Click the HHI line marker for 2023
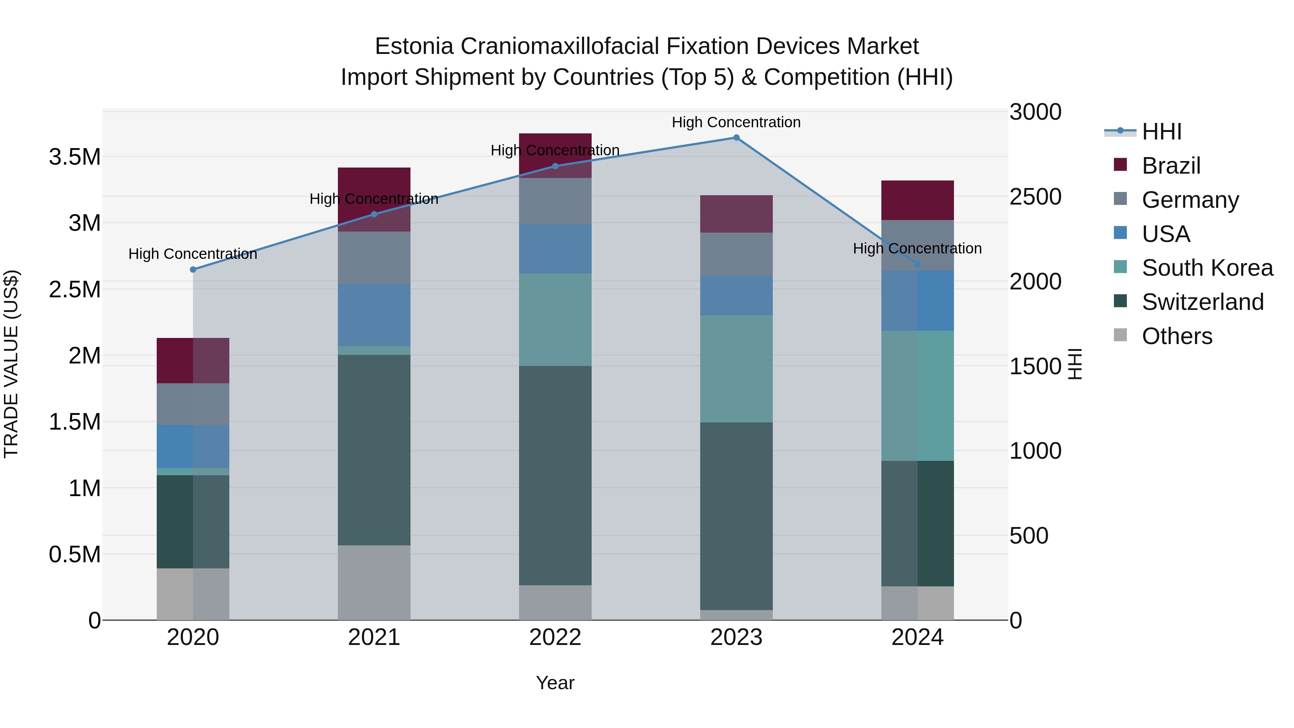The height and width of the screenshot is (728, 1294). tap(736, 138)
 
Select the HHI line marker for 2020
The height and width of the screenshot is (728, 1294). tap(193, 270)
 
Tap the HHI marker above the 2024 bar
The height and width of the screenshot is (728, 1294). tap(917, 264)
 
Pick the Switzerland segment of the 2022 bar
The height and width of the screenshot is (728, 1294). tap(555, 475)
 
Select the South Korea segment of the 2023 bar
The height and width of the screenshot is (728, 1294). tap(736, 369)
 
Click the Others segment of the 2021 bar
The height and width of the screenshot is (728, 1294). tap(374, 582)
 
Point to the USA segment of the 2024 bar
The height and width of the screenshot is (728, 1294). tap(917, 301)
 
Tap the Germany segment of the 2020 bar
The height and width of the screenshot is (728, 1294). tap(193, 404)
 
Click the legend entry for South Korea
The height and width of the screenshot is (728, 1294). tap(1207, 268)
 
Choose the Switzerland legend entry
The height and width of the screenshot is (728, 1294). tap(1202, 302)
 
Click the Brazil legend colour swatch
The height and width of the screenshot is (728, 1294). tap(1120, 165)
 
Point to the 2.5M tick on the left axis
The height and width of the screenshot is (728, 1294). tap(75, 290)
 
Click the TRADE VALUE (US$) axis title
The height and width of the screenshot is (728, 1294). tap(12, 364)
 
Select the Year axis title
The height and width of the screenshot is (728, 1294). tap(555, 683)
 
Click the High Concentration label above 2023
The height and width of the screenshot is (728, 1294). tap(736, 122)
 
